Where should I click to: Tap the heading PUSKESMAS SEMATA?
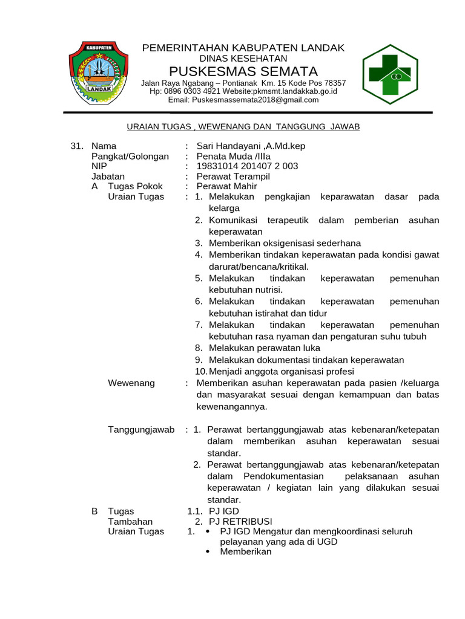point(243,71)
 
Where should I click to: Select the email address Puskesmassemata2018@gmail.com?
point(243,100)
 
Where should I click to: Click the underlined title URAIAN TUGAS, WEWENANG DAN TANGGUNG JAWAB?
point(243,126)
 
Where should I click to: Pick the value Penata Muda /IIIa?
point(234,156)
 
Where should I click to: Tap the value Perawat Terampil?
point(233,177)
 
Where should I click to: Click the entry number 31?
point(76,146)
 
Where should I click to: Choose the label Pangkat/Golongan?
point(130,156)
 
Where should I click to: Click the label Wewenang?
point(131,383)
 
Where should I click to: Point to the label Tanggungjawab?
point(141,429)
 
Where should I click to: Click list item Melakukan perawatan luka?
point(265,348)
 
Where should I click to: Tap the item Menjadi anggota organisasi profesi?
point(282,371)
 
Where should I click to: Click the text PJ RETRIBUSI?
point(240,521)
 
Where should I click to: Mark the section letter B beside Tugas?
point(94,511)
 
